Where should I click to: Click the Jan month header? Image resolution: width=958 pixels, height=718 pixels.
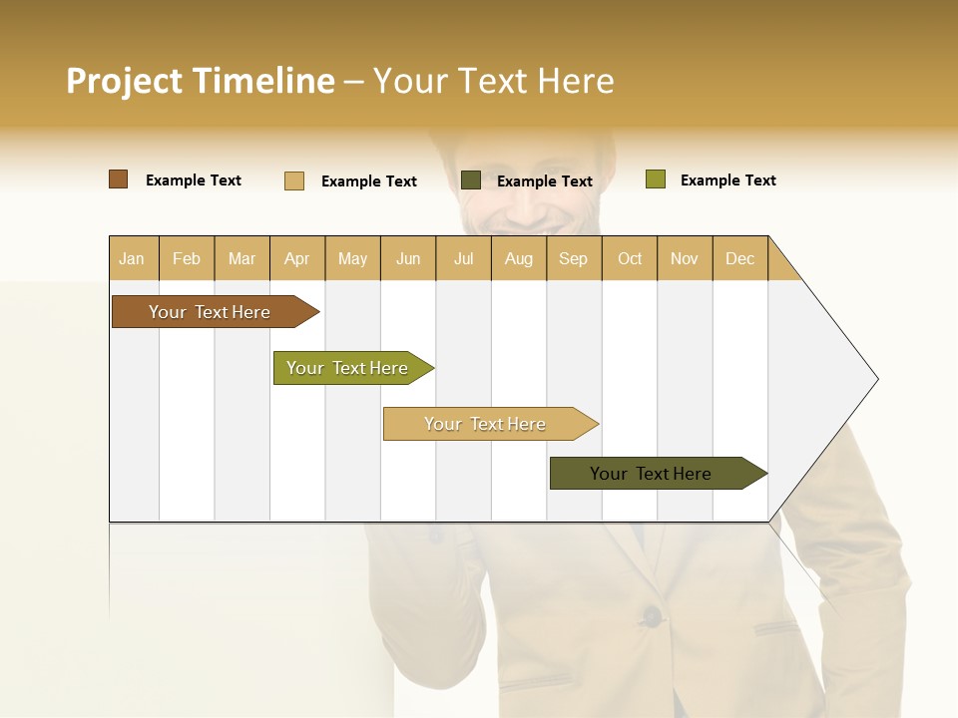point(132,258)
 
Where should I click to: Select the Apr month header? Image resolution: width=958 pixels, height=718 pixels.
point(296,258)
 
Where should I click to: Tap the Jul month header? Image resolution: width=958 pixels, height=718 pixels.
point(463,258)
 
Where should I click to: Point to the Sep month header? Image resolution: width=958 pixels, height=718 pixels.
point(573,258)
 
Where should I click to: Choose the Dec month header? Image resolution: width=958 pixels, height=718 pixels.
point(739,258)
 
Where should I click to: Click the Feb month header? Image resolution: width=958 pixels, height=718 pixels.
point(187,258)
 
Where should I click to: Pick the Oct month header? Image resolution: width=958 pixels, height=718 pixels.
point(630,258)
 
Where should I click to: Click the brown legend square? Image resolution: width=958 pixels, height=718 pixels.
point(118,179)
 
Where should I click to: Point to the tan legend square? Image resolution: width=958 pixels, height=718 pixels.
point(293,180)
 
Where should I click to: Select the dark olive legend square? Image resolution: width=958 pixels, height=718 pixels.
point(471,180)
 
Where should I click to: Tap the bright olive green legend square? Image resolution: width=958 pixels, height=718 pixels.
point(655,179)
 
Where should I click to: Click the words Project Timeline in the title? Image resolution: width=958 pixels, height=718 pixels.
point(200,81)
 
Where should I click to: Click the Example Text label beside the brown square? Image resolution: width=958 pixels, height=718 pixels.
point(194,180)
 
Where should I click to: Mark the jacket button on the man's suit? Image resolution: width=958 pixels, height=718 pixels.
point(651,614)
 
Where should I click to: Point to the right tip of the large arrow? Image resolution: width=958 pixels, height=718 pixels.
point(876,379)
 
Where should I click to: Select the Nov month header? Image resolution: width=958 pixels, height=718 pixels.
point(685,258)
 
